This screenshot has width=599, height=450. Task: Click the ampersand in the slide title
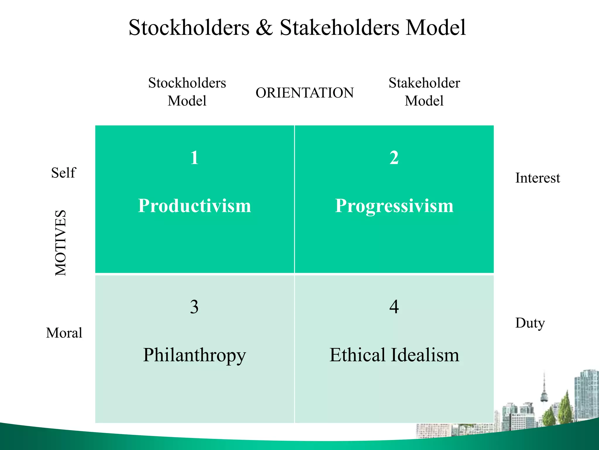[x=264, y=28]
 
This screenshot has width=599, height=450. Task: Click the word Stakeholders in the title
[x=340, y=28]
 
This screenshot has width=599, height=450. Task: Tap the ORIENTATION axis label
[x=304, y=93]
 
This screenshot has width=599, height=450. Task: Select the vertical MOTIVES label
[x=61, y=243]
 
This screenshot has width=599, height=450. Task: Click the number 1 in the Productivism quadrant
[x=194, y=158]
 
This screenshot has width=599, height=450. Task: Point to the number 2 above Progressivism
[x=394, y=158]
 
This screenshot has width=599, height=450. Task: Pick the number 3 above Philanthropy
[x=194, y=307]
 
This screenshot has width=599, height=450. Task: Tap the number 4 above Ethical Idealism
[x=394, y=307]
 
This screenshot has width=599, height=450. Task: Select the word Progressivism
[x=394, y=206]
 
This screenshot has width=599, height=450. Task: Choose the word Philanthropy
[x=194, y=355]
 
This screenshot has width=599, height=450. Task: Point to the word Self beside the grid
[x=63, y=173]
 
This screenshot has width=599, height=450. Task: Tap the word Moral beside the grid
[x=64, y=333]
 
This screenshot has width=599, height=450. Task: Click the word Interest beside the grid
[x=538, y=178]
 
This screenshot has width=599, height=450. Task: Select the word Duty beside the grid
[x=530, y=323]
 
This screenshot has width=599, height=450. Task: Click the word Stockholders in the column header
[x=187, y=83]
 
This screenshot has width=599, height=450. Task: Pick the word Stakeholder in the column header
[x=424, y=83]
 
